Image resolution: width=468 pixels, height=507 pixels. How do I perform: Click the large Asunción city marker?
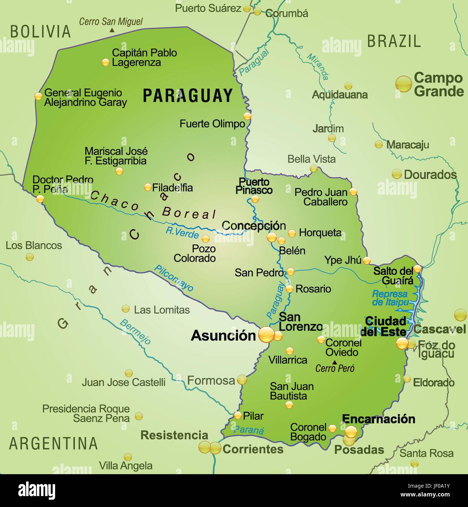point(266,334)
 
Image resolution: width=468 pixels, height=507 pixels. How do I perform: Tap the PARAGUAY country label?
point(188,96)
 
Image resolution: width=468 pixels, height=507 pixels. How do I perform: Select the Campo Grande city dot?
point(404,84)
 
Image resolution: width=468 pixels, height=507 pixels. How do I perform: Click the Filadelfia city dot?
point(148,187)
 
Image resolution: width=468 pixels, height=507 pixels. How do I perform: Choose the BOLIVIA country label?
point(40,32)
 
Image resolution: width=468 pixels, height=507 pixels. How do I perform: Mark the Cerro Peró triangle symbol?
point(335,362)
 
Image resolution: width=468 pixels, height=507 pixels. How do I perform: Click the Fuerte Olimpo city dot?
point(248,116)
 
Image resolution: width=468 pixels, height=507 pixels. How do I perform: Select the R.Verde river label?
point(182,232)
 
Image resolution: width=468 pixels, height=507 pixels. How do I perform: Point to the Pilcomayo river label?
point(174,278)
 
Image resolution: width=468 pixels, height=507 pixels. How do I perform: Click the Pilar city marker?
point(238,415)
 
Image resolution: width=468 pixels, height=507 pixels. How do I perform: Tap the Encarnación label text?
point(379,419)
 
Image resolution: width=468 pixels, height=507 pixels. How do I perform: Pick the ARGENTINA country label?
point(53,443)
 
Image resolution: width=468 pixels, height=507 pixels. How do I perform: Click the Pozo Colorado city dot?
point(206,239)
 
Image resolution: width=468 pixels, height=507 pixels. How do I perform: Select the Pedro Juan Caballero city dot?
point(353,191)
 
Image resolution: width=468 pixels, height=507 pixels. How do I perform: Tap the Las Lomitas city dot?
point(126,309)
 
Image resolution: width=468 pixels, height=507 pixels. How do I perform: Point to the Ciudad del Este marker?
point(402,343)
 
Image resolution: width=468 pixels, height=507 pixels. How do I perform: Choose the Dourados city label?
point(430,174)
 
